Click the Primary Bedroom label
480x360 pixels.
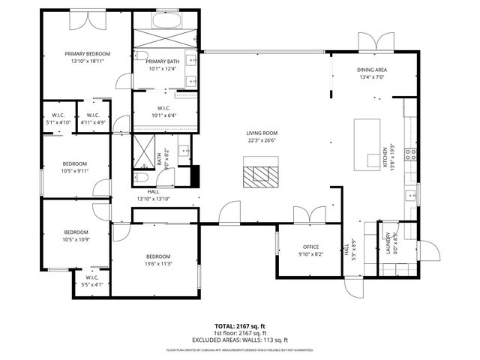[x=87, y=54]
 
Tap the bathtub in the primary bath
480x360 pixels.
[x=166, y=20]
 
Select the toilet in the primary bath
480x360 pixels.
[x=140, y=57]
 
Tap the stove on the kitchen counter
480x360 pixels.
[x=410, y=154]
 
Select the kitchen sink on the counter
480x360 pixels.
[x=410, y=196]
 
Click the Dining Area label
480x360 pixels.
[x=372, y=70]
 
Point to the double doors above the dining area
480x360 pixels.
[x=375, y=40]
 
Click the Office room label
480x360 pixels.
[x=310, y=247]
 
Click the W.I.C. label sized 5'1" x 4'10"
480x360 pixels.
[x=58, y=115]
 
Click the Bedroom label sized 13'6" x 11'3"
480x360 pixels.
[x=158, y=256]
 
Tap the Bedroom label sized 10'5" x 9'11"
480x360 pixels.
[x=75, y=163]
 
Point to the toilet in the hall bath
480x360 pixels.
[x=141, y=178]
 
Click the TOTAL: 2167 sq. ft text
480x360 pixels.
[x=240, y=326]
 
